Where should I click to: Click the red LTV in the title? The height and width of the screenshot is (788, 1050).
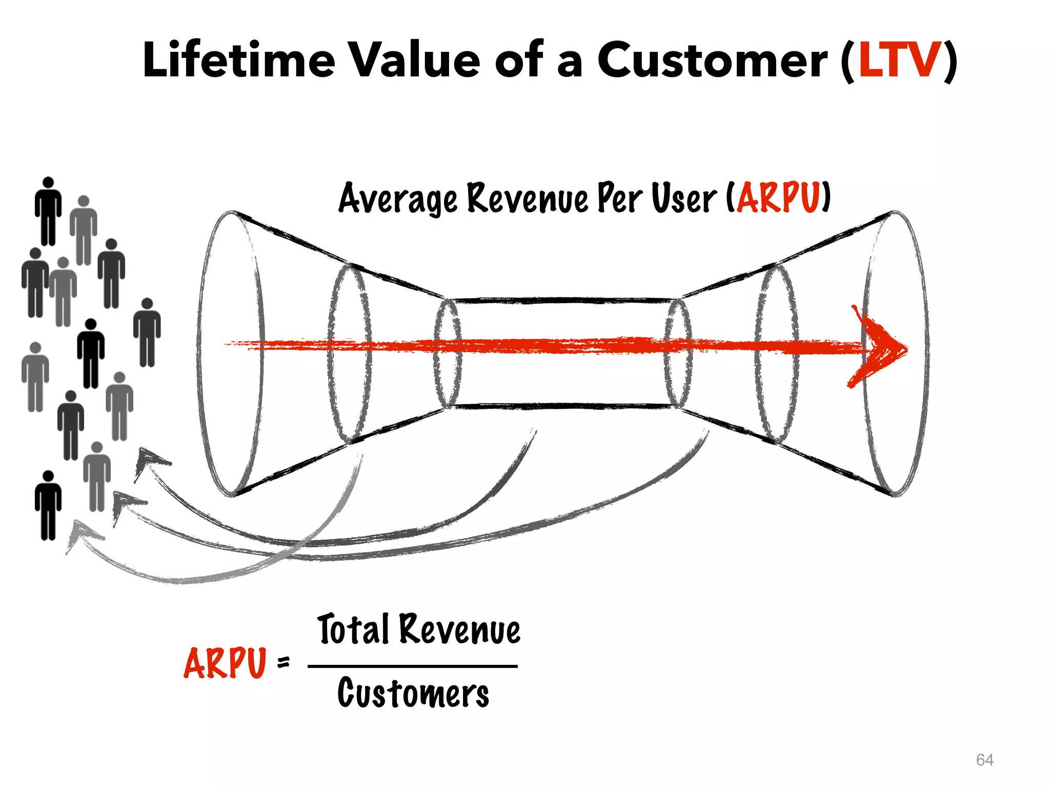tap(900, 61)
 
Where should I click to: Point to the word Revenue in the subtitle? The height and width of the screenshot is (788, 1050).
tap(528, 199)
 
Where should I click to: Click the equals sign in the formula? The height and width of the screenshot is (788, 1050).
tap(283, 663)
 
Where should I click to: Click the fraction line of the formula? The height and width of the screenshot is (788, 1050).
tap(413, 666)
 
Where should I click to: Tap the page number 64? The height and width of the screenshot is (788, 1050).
tap(984, 760)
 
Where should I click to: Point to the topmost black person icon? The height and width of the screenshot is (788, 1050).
tap(48, 211)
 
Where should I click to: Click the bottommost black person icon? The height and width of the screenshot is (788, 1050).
tap(48, 505)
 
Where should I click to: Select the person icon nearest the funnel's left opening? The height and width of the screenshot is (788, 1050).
tap(147, 332)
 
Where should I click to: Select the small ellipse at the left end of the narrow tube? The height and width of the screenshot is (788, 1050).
tap(448, 354)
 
